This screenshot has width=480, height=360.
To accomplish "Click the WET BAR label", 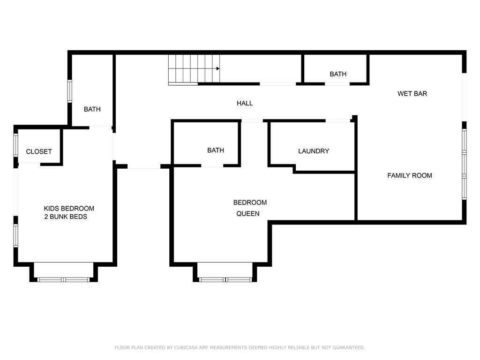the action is [412, 94].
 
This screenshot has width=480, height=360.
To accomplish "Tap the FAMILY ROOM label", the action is [410, 175].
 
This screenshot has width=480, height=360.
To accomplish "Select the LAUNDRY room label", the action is [314, 151].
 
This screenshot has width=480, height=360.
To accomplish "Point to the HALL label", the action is [245, 103].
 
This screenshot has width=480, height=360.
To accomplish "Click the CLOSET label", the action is [39, 151].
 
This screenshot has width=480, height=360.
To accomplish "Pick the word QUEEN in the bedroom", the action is [247, 214].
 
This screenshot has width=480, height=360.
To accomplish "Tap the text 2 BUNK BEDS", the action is [66, 217].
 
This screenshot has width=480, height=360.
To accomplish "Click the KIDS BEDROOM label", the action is [69, 209].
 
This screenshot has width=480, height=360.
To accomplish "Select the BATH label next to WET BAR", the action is [338, 74].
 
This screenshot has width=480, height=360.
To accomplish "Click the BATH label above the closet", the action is [92, 109].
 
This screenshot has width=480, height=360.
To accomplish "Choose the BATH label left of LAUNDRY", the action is [216, 150].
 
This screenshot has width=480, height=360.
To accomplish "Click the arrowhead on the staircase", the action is [218, 68].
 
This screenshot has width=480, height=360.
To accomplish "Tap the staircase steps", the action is [194, 69].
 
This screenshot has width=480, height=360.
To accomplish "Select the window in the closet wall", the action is [15, 145].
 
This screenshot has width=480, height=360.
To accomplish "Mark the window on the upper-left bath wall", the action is [69, 91].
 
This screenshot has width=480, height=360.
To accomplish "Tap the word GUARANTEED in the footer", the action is [349, 347].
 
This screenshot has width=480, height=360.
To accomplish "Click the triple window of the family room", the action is [464, 164].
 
